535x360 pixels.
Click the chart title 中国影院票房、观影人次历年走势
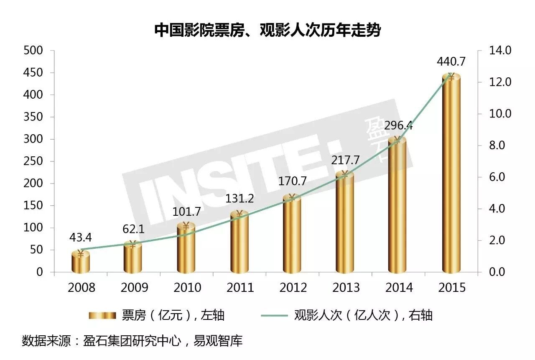coord(267,30)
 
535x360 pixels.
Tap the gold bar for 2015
coord(451,176)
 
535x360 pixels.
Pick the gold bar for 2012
coord(292,236)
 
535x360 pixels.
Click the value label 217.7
coord(345,160)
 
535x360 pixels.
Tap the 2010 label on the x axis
coord(186,288)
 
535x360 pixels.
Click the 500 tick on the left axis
coord(34,51)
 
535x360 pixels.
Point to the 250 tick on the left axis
coord(34,161)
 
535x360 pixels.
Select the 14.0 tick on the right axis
coord(500,51)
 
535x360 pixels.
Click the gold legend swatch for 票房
coord(102,315)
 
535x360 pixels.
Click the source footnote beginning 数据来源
coord(132,341)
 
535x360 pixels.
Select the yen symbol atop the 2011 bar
coord(239,214)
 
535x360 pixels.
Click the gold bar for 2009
coord(133,259)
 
